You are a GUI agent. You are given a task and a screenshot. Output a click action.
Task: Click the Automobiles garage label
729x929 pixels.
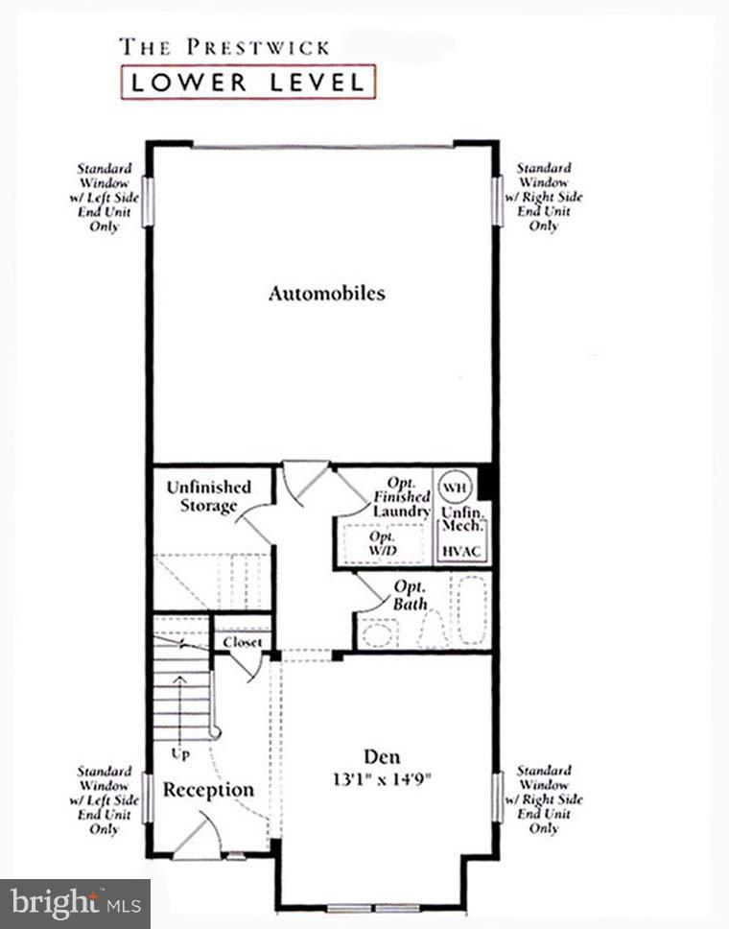coord(326,294)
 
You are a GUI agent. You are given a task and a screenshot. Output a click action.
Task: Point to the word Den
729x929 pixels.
coord(381,756)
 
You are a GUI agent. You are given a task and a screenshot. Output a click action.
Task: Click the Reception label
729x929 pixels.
coord(208,790)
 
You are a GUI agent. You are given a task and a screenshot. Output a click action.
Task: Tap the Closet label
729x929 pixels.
coord(242,642)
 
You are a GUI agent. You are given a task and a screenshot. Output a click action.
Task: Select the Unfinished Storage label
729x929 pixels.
coord(208,496)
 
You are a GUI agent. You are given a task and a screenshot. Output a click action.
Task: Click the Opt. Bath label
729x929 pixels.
coord(410,595)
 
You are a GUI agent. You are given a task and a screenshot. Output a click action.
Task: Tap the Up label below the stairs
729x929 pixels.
coord(180,754)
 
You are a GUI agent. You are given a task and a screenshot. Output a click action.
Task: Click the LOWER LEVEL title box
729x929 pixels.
coord(247,82)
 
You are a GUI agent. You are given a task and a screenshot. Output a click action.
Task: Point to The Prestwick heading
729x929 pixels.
coord(224,45)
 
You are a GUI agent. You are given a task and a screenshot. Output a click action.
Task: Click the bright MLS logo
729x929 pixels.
coord(76,903)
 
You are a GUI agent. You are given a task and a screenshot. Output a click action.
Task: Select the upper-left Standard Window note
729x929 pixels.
coord(104,198)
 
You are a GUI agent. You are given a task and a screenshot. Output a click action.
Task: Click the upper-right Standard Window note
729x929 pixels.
coord(544,198)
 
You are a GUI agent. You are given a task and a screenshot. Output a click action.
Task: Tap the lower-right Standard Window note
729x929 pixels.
coord(544,799)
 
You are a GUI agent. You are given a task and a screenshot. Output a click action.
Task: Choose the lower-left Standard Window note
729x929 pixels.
coord(104,799)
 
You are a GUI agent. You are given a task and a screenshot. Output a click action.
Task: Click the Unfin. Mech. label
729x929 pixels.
coord(462,520)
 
